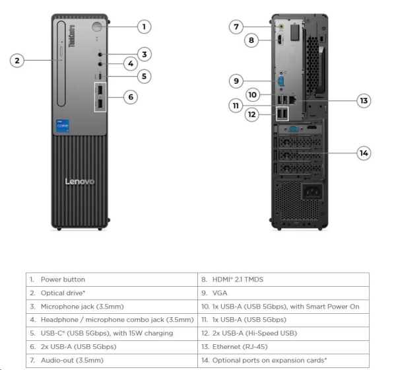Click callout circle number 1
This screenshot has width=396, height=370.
point(144,27)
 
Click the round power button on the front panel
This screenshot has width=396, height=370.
point(98,27)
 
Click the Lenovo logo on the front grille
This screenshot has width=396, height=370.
point(79,182)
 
